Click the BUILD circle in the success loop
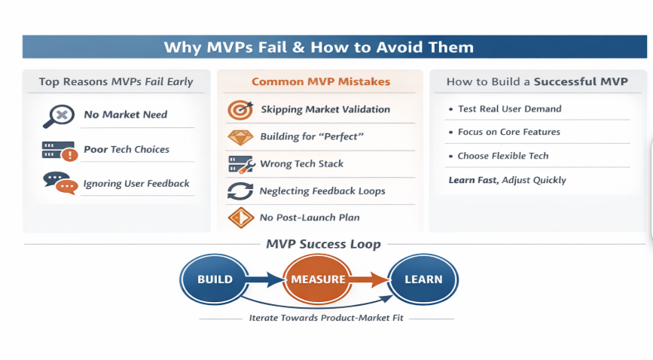(x=215, y=279)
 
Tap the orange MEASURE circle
(x=318, y=279)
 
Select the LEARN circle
(x=423, y=279)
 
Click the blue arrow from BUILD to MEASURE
(x=266, y=279)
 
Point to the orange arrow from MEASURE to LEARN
(x=370, y=279)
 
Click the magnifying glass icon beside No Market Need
(x=59, y=116)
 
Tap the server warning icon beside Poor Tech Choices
(x=60, y=151)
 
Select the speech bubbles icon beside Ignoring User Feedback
(x=60, y=183)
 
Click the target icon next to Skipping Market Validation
(x=240, y=110)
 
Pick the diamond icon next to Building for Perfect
(x=240, y=137)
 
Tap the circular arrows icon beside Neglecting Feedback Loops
(x=240, y=191)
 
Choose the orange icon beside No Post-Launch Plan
(x=241, y=218)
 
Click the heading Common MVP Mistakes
(x=321, y=81)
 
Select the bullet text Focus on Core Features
(x=509, y=132)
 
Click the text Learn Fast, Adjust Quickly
(x=507, y=180)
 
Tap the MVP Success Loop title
(x=324, y=244)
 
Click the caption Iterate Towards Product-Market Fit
(x=326, y=318)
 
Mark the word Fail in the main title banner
(x=273, y=47)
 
